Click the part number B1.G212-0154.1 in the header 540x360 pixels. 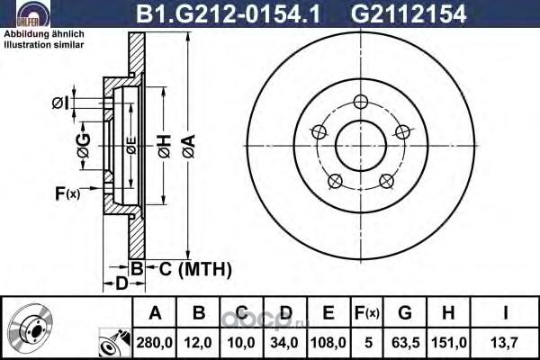tap(229, 14)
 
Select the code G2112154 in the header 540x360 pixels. tap(409, 14)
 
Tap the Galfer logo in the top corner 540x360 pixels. tap(33, 13)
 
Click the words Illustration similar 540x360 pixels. tap(44, 45)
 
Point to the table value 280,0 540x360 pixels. tap(154, 343)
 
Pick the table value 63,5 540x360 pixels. tap(405, 343)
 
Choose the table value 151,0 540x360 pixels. tap(449, 343)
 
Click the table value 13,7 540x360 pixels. tap(505, 343)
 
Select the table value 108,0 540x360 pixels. tap(328, 343)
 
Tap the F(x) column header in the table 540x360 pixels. tap(367, 313)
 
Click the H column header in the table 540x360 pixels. tap(448, 313)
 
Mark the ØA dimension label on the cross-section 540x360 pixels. tap(189, 147)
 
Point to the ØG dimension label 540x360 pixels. tap(84, 145)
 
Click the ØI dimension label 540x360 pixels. tap(60, 103)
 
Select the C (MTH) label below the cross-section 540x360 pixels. tap(195, 269)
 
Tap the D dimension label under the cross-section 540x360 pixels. tap(121, 283)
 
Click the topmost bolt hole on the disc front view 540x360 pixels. tap(361, 102)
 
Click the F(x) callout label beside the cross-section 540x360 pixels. tap(67, 193)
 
